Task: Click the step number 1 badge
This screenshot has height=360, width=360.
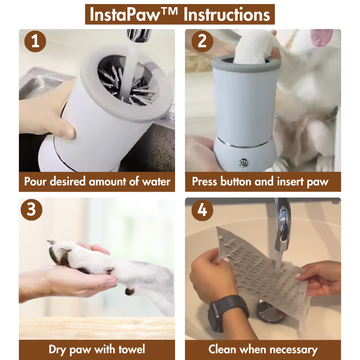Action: pos(35,41)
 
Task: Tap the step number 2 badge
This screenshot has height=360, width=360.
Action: pos(202,41)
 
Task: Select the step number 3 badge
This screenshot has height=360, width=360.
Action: pos(31,210)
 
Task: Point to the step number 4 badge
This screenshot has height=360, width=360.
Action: pos(202,210)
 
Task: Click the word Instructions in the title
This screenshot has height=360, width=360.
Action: pos(227,14)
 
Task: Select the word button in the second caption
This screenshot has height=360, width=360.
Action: pos(236,182)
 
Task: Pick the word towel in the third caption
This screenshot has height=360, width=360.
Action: pos(132,350)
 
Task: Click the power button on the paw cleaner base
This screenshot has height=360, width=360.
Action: pos(243,162)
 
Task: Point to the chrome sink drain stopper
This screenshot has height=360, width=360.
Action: pos(271,311)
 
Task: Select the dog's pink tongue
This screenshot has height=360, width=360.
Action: pos(321,38)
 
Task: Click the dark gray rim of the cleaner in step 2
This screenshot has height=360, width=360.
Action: pos(245,63)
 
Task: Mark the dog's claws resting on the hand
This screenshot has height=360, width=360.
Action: pos(59,252)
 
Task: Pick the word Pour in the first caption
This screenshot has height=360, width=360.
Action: pos(36,182)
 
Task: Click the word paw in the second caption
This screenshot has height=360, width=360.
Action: pos(317,183)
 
